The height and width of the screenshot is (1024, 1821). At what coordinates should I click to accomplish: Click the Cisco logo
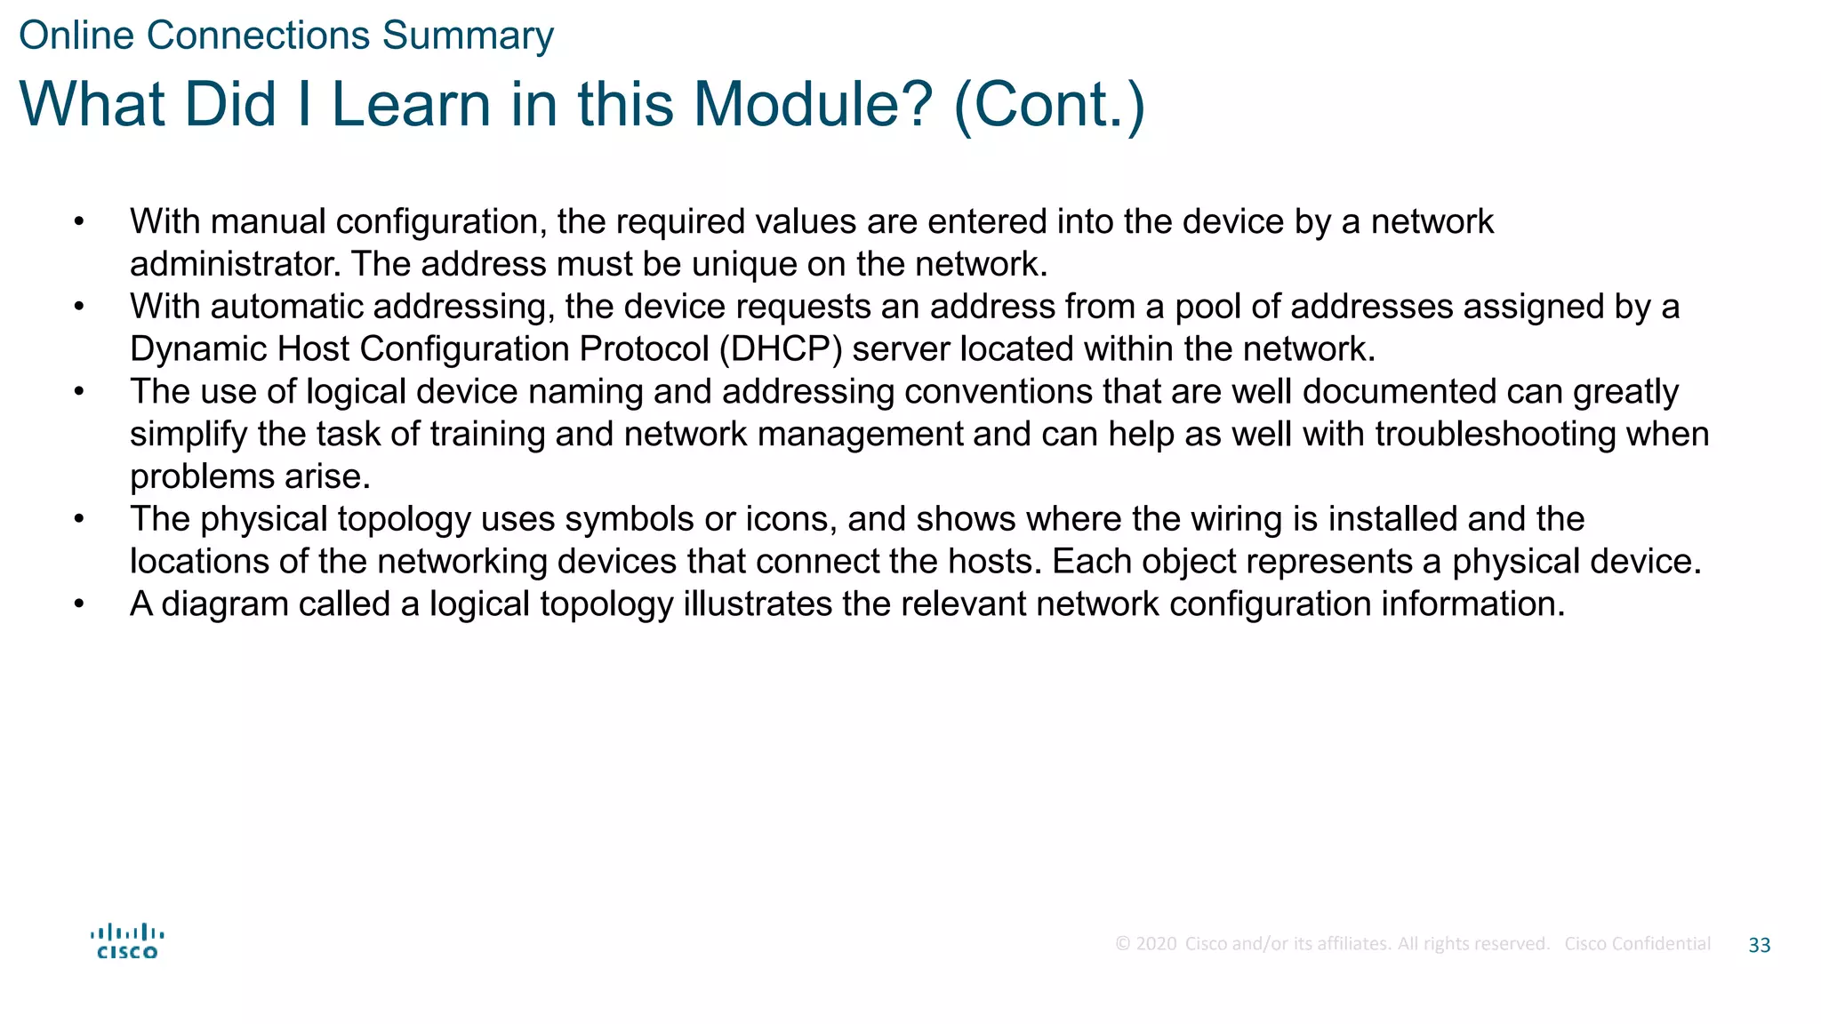(127, 941)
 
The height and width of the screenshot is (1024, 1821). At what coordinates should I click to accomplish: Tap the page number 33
(1759, 945)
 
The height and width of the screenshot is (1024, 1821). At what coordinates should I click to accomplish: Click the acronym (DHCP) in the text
(780, 348)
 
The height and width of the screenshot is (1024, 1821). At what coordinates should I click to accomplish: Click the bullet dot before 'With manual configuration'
(79, 221)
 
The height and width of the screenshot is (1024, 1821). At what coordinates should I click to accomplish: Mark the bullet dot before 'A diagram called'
(79, 604)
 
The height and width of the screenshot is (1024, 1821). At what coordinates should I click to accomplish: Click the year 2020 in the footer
(1156, 944)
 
